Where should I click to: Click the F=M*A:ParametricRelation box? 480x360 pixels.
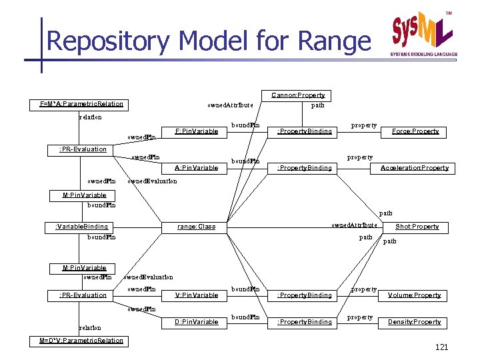[x=81, y=104]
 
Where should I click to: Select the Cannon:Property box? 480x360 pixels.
[x=298, y=95]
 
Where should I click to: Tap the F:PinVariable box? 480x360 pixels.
[x=196, y=131]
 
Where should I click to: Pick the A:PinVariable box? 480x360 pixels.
[x=196, y=167]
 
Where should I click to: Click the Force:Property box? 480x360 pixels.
[x=415, y=131]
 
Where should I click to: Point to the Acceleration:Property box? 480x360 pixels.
[x=414, y=167]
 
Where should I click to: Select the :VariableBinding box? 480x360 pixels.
[x=81, y=227]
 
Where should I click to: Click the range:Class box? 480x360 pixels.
[x=196, y=227]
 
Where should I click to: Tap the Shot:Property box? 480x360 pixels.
[x=417, y=227]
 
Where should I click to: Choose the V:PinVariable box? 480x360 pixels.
[x=196, y=295]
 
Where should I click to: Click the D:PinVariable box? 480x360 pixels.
[x=196, y=322]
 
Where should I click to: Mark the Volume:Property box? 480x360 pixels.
[x=414, y=295]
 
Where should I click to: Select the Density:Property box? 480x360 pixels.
[x=414, y=322]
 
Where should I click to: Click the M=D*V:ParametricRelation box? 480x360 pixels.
[x=81, y=341]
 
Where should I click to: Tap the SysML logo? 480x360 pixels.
[x=424, y=33]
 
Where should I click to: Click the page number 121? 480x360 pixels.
[x=441, y=348]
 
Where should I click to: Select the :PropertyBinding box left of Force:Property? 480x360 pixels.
[x=304, y=131]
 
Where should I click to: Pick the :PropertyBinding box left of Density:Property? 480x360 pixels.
[x=304, y=322]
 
